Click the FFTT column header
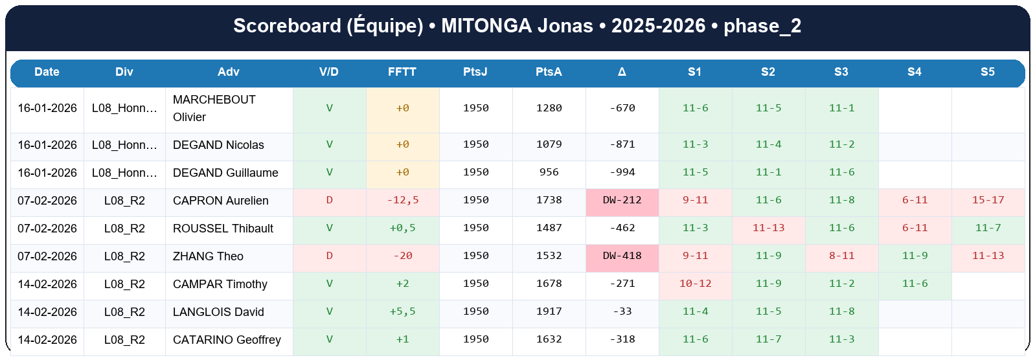tap(402, 72)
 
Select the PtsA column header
tap(549, 72)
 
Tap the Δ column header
tap(622, 72)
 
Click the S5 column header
tap(987, 72)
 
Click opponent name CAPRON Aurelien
tap(220, 201)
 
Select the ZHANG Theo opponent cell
tap(208, 256)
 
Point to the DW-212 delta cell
tap(622, 200)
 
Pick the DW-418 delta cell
tap(622, 256)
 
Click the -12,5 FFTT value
tap(402, 200)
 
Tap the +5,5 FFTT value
tap(402, 311)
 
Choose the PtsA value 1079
tap(549, 144)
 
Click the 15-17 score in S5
tap(988, 200)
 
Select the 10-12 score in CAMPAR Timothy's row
tap(695, 284)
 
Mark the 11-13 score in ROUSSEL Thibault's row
tap(768, 228)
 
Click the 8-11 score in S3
tap(841, 256)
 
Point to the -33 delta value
tap(622, 311)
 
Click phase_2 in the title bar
tap(762, 26)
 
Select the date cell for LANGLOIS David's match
tap(47, 312)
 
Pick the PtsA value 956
tap(549, 172)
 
